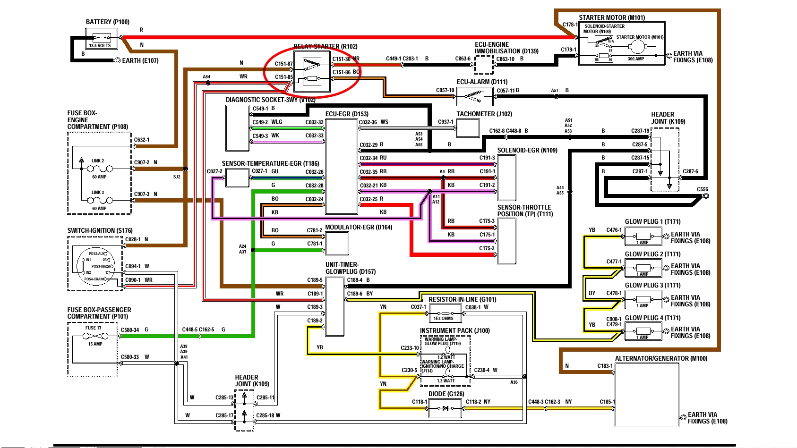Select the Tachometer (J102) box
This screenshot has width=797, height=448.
[x=468, y=128]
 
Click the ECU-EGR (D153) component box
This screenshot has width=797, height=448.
[x=341, y=166]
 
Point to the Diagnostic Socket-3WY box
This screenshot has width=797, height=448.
[x=237, y=128]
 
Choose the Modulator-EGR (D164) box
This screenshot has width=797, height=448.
[x=337, y=243]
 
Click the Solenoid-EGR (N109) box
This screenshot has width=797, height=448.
[x=506, y=177]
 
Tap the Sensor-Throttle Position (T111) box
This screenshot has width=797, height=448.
[x=506, y=241]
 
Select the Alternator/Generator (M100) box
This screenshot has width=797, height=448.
[x=646, y=395]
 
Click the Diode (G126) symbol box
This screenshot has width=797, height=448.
[x=445, y=408]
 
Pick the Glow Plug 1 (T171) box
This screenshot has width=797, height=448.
[x=643, y=237]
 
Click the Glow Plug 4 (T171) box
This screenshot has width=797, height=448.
[x=643, y=331]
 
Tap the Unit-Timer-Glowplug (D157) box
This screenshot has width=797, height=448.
[x=334, y=306]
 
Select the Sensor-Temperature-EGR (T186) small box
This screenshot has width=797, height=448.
[x=237, y=178]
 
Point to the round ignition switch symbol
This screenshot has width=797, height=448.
[x=96, y=266]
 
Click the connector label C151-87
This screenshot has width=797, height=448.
[x=284, y=64]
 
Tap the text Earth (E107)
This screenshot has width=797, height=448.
[x=140, y=60]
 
